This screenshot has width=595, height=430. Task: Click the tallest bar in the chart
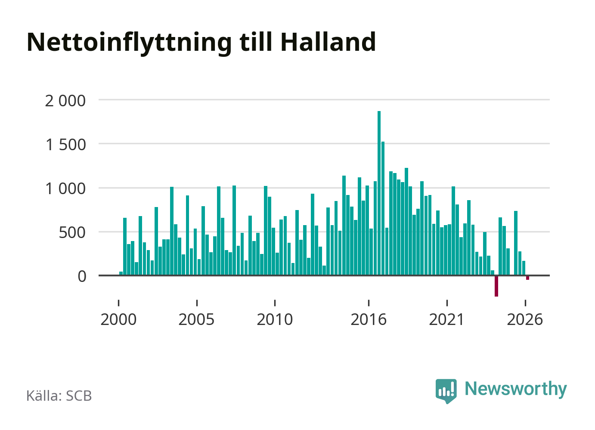379,193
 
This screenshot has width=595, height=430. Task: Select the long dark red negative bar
496,286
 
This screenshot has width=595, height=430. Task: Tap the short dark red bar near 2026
527,278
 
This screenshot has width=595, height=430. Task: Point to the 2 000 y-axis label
65,101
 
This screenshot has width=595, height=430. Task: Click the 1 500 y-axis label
65,145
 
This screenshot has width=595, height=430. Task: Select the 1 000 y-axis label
65,189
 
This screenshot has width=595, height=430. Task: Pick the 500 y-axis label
72,233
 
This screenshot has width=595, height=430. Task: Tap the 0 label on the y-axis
82,277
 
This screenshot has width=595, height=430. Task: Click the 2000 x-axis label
118,319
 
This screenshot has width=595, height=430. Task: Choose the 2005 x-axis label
196,319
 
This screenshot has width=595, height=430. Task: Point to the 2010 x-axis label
275,319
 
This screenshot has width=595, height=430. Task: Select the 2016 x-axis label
369,319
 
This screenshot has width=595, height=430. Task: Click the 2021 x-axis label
446,319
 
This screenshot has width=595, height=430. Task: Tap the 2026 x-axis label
525,319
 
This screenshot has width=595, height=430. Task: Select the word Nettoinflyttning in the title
129,43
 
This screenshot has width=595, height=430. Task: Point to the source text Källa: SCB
59,396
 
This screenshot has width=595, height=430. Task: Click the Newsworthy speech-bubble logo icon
446,391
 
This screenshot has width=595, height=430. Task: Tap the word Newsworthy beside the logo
516,390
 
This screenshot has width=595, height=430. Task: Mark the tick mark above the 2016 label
369,303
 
